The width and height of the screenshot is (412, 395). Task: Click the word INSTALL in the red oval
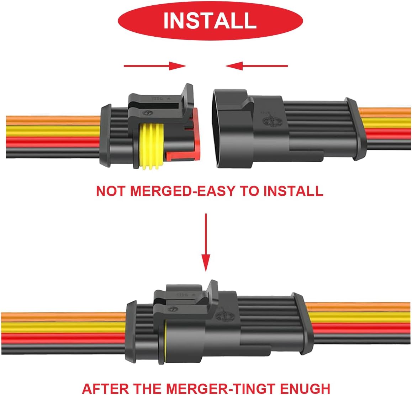(x=210, y=21)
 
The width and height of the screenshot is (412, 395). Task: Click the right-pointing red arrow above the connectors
(x=155, y=66)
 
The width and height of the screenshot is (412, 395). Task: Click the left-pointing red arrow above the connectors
(x=257, y=66)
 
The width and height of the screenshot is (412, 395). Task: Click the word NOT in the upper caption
(x=110, y=191)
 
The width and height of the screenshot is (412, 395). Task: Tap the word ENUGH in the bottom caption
(x=305, y=389)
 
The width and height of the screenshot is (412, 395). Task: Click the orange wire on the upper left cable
(x=53, y=120)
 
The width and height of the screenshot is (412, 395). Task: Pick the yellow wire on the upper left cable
(x=53, y=131)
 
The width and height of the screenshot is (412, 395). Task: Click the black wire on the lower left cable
(x=63, y=349)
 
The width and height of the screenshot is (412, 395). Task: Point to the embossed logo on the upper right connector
(x=272, y=120)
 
